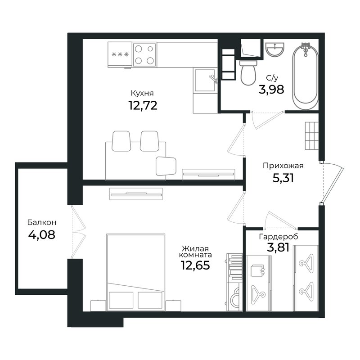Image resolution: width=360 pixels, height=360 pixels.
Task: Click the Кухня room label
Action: click(142, 94)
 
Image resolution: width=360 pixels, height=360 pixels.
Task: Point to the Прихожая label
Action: click(283, 166)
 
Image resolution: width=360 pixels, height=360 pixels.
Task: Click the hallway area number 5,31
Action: click(283, 178)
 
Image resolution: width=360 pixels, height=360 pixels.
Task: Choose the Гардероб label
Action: click(279, 237)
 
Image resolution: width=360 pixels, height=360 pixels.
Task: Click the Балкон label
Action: click(41, 222)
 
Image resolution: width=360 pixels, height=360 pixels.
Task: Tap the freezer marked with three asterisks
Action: click(120, 54)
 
